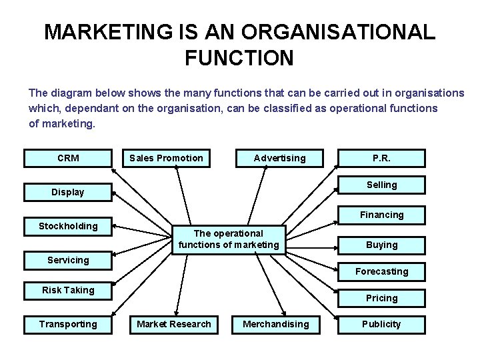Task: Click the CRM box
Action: [68, 158]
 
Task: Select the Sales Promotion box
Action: [166, 158]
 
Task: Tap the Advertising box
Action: [279, 158]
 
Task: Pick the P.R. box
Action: [381, 158]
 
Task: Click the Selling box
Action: [381, 185]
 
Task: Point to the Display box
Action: [68, 192]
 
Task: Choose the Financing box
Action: [381, 215]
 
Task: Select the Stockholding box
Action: [68, 226]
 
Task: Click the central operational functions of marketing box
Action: [229, 239]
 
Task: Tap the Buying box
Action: [381, 245]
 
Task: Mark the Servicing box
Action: [68, 260]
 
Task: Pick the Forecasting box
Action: [381, 271]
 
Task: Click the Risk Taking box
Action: [68, 290]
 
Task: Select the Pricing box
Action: [381, 298]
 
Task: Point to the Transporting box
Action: [68, 324]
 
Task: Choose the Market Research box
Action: [174, 324]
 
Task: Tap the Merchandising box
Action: [276, 324]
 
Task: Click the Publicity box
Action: [381, 324]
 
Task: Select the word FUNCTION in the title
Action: [239, 58]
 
